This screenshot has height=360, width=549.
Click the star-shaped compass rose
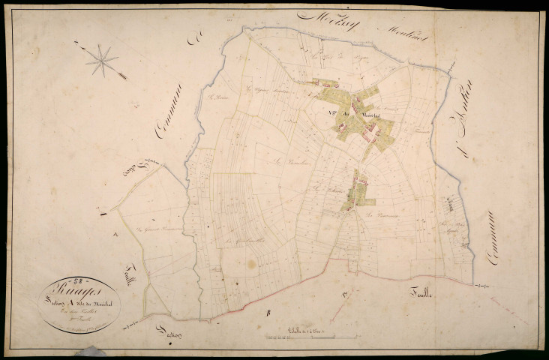(102, 60)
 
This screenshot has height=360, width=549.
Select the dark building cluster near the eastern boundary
(448, 202)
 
